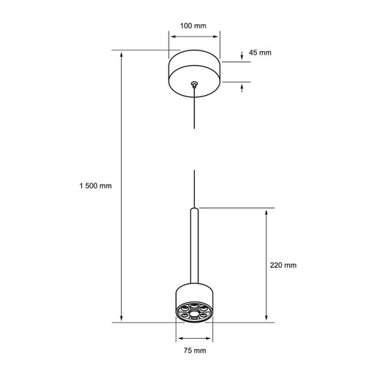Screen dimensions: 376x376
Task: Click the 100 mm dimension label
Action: point(193,26)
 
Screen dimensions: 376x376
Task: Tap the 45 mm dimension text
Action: point(260,53)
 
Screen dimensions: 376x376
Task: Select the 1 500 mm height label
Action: point(96,185)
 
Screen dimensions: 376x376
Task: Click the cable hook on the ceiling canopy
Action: point(194,85)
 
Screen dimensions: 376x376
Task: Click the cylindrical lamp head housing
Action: point(195,292)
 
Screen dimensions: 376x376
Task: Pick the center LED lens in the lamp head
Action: point(195,310)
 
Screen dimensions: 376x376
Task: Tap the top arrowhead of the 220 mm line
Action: point(266,212)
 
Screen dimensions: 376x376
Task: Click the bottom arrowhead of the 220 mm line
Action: point(266,318)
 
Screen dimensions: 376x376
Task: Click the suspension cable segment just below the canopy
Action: point(195,110)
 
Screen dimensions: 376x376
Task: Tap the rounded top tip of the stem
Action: point(195,210)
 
